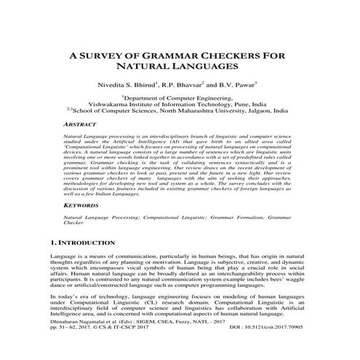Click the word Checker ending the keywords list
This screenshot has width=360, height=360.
coord(74,224)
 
